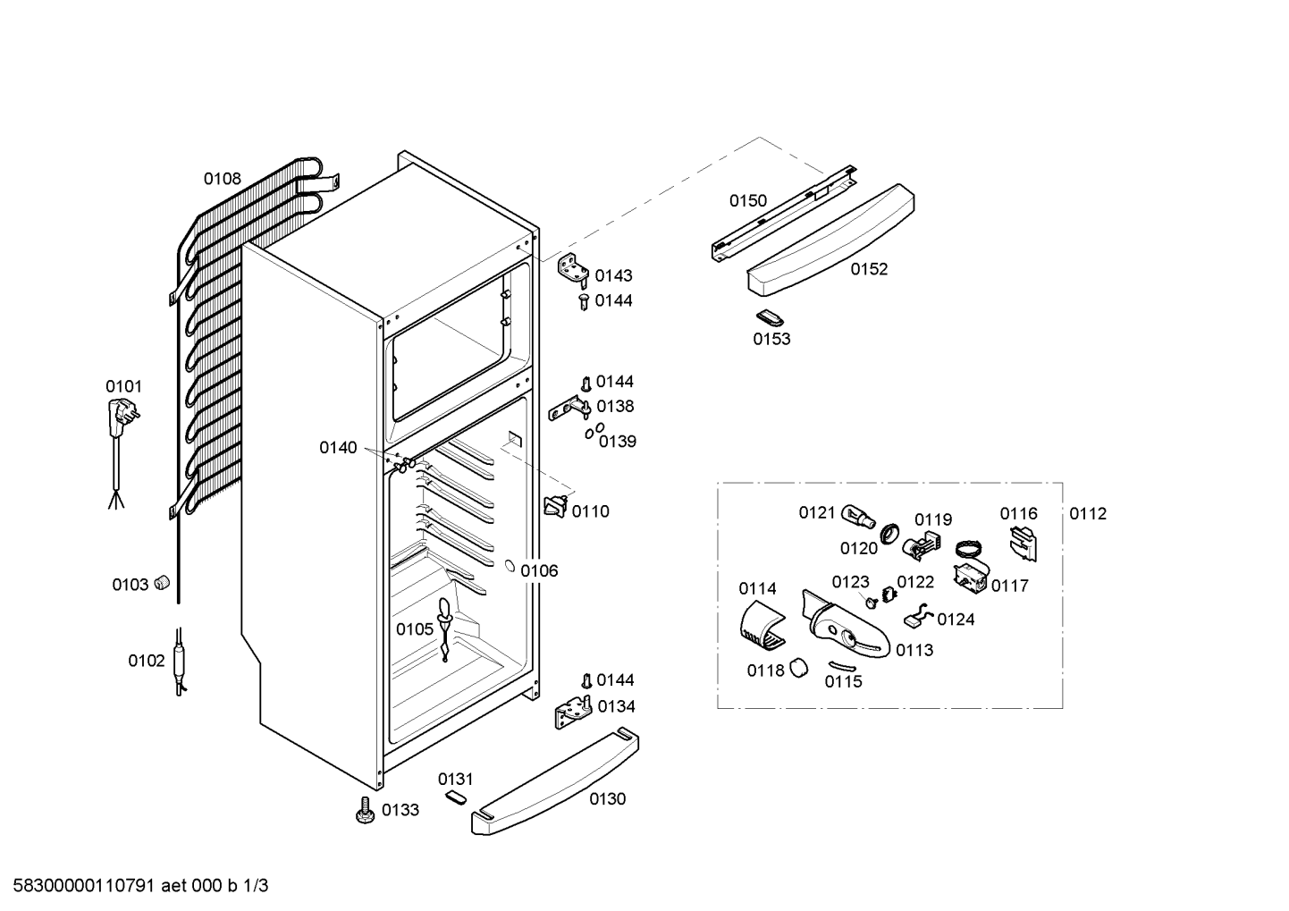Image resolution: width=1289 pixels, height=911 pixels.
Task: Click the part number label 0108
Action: pyautogui.click(x=222, y=179)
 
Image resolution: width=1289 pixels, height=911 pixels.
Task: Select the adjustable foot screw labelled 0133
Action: pyautogui.click(x=364, y=810)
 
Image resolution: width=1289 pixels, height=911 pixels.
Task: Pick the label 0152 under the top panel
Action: pyautogui.click(x=869, y=269)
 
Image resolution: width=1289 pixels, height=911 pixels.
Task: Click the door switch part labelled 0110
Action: pyautogui.click(x=557, y=506)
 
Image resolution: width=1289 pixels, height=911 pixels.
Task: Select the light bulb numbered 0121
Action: pyautogui.click(x=858, y=516)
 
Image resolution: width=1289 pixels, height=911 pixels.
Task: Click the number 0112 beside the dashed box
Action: pyautogui.click(x=1088, y=513)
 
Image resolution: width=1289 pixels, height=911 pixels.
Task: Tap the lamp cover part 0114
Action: pyautogui.click(x=762, y=628)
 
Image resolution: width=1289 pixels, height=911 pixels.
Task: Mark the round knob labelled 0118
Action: pyautogui.click(x=798, y=668)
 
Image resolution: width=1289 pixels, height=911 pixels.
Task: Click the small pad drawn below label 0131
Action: pyautogui.click(x=455, y=797)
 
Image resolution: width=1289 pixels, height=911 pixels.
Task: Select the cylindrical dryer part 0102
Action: pyautogui.click(x=180, y=662)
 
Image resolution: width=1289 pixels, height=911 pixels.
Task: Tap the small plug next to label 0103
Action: pyautogui.click(x=163, y=582)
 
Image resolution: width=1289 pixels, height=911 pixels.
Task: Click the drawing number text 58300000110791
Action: pyautogui.click(x=83, y=886)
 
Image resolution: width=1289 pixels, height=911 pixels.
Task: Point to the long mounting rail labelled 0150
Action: pyautogui.click(x=785, y=214)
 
